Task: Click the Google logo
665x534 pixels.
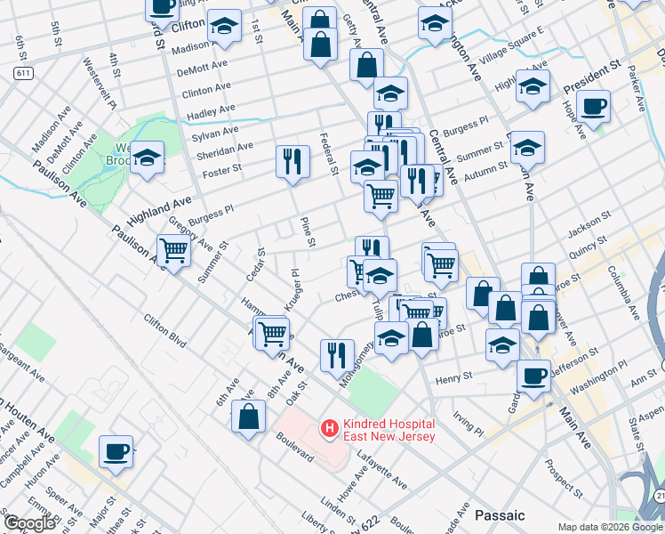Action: (30, 523)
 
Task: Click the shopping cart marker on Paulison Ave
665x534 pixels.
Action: (173, 251)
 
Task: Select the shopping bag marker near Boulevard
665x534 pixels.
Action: (249, 416)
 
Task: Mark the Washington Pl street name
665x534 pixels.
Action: (598, 377)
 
